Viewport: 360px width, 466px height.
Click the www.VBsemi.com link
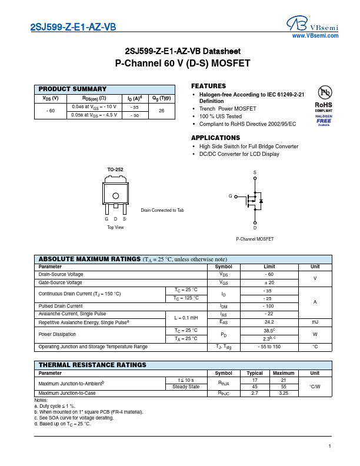(315, 36)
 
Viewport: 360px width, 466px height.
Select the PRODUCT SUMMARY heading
(72, 88)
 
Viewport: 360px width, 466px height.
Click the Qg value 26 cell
(161, 111)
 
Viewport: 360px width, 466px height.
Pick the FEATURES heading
(208, 86)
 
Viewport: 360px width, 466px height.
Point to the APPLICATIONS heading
(215, 138)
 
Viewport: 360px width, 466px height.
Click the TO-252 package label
(115, 170)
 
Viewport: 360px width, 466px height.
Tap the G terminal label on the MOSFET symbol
(231, 196)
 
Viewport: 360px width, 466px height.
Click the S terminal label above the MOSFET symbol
(255, 172)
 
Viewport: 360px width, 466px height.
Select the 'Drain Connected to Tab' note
(162, 210)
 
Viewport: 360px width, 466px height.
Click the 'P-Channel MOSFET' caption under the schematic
(255, 239)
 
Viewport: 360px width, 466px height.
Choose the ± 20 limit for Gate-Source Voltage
(269, 282)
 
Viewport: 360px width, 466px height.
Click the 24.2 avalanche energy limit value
(269, 322)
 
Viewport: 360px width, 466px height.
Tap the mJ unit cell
(315, 322)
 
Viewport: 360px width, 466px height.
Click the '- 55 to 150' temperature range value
(269, 347)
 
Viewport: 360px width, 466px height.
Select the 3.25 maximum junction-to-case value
(284, 393)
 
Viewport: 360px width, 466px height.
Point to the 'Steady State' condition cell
(185, 387)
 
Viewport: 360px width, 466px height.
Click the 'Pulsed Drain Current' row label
(61, 306)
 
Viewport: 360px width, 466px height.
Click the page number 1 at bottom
(330, 447)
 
